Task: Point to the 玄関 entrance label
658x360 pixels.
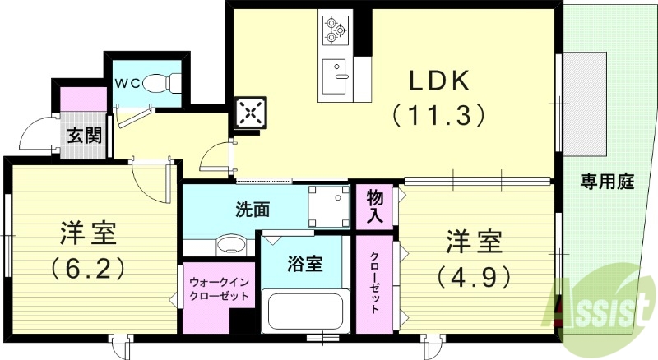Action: (82, 136)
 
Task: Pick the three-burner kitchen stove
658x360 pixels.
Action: (335, 29)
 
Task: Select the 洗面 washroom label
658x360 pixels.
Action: (252, 210)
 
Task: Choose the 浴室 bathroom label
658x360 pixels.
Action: (304, 265)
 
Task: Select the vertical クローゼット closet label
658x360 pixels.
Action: (375, 283)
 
